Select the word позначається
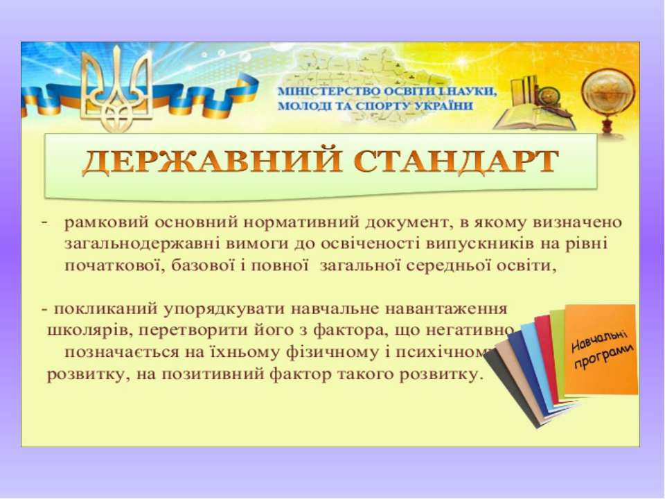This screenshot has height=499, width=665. click(x=111, y=353)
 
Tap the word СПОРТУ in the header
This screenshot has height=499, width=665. click(x=377, y=106)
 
